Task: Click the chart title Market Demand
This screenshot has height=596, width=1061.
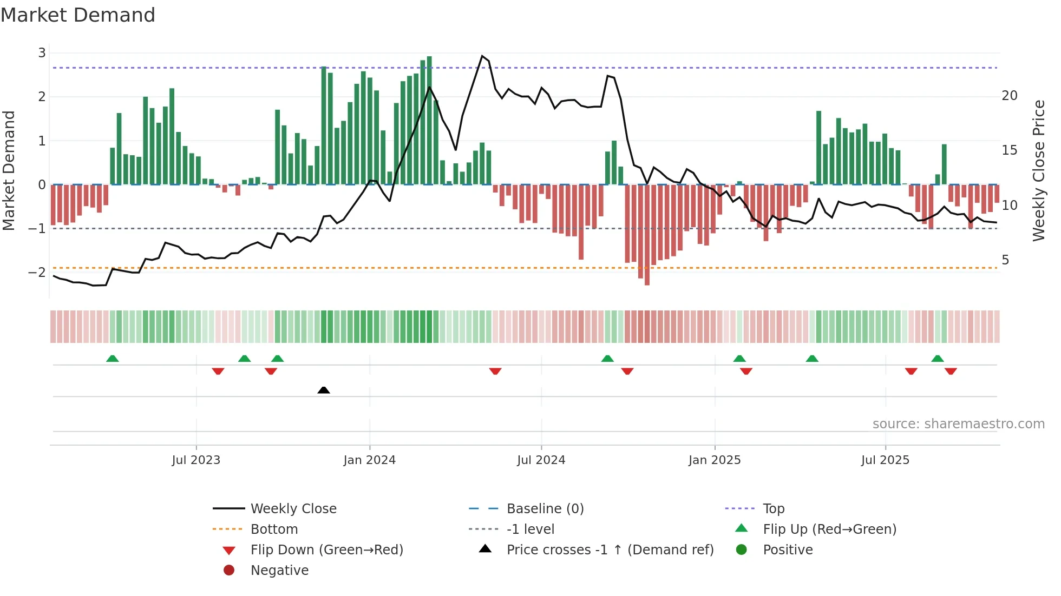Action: point(78,15)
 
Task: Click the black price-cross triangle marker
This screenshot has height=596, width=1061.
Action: point(324,390)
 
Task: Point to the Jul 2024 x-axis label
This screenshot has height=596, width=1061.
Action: point(541,460)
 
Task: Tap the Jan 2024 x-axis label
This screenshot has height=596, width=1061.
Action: point(370,460)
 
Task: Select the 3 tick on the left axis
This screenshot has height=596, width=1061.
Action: point(42,53)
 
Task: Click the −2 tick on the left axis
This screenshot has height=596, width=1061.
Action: point(37,272)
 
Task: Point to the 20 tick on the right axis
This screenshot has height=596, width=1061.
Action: point(1010,96)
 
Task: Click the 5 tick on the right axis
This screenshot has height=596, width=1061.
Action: point(1005,260)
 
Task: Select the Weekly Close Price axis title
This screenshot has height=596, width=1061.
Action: point(1038,170)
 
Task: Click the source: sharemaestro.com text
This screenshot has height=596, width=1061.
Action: point(958,424)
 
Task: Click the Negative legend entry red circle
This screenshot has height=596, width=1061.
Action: point(229,571)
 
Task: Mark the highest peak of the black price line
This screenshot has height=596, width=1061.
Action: point(482,56)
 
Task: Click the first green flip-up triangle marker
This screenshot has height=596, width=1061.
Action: point(113,359)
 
